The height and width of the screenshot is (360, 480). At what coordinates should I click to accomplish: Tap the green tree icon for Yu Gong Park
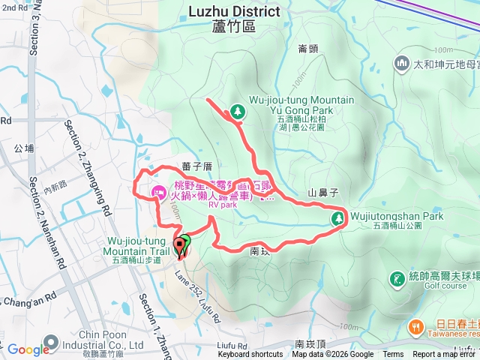click(x=238, y=111)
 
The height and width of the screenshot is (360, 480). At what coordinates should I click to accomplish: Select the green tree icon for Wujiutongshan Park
click(x=338, y=218)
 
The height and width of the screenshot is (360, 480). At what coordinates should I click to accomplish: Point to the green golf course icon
click(x=396, y=279)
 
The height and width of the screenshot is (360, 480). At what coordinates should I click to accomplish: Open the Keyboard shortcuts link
click(x=250, y=355)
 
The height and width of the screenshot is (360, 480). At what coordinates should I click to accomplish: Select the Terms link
click(x=393, y=355)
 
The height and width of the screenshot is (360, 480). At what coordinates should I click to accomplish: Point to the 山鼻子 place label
click(x=322, y=193)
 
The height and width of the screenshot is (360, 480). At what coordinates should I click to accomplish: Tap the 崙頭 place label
click(x=307, y=49)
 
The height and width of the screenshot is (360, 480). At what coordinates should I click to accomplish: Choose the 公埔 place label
click(x=24, y=148)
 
